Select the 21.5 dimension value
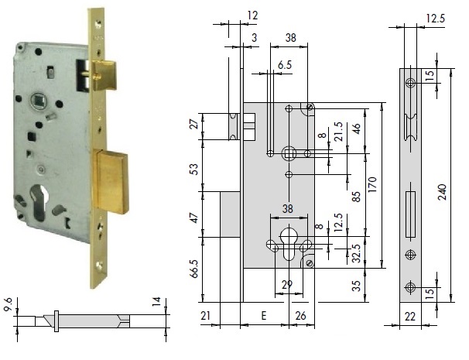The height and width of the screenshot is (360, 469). pos(337,130)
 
